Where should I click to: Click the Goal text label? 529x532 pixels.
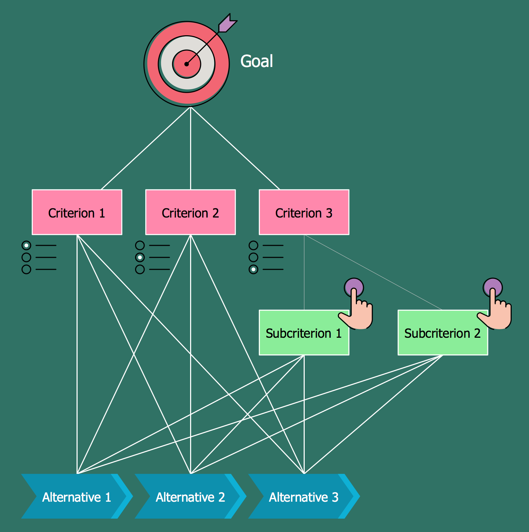(256, 61)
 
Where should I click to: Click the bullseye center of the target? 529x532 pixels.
(187, 64)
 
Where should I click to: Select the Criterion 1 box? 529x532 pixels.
(77, 212)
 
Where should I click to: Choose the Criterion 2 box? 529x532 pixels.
(190, 212)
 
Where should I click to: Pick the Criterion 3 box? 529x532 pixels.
(304, 212)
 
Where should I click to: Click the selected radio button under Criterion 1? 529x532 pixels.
(26, 245)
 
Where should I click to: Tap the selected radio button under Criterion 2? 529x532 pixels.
(140, 257)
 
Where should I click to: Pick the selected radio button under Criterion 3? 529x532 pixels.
(254, 269)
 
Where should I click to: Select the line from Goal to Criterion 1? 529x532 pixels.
(146, 148)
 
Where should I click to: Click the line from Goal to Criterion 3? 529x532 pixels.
(235, 148)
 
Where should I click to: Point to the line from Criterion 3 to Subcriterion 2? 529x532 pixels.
(373, 273)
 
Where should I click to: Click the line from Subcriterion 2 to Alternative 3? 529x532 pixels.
(373, 414)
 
